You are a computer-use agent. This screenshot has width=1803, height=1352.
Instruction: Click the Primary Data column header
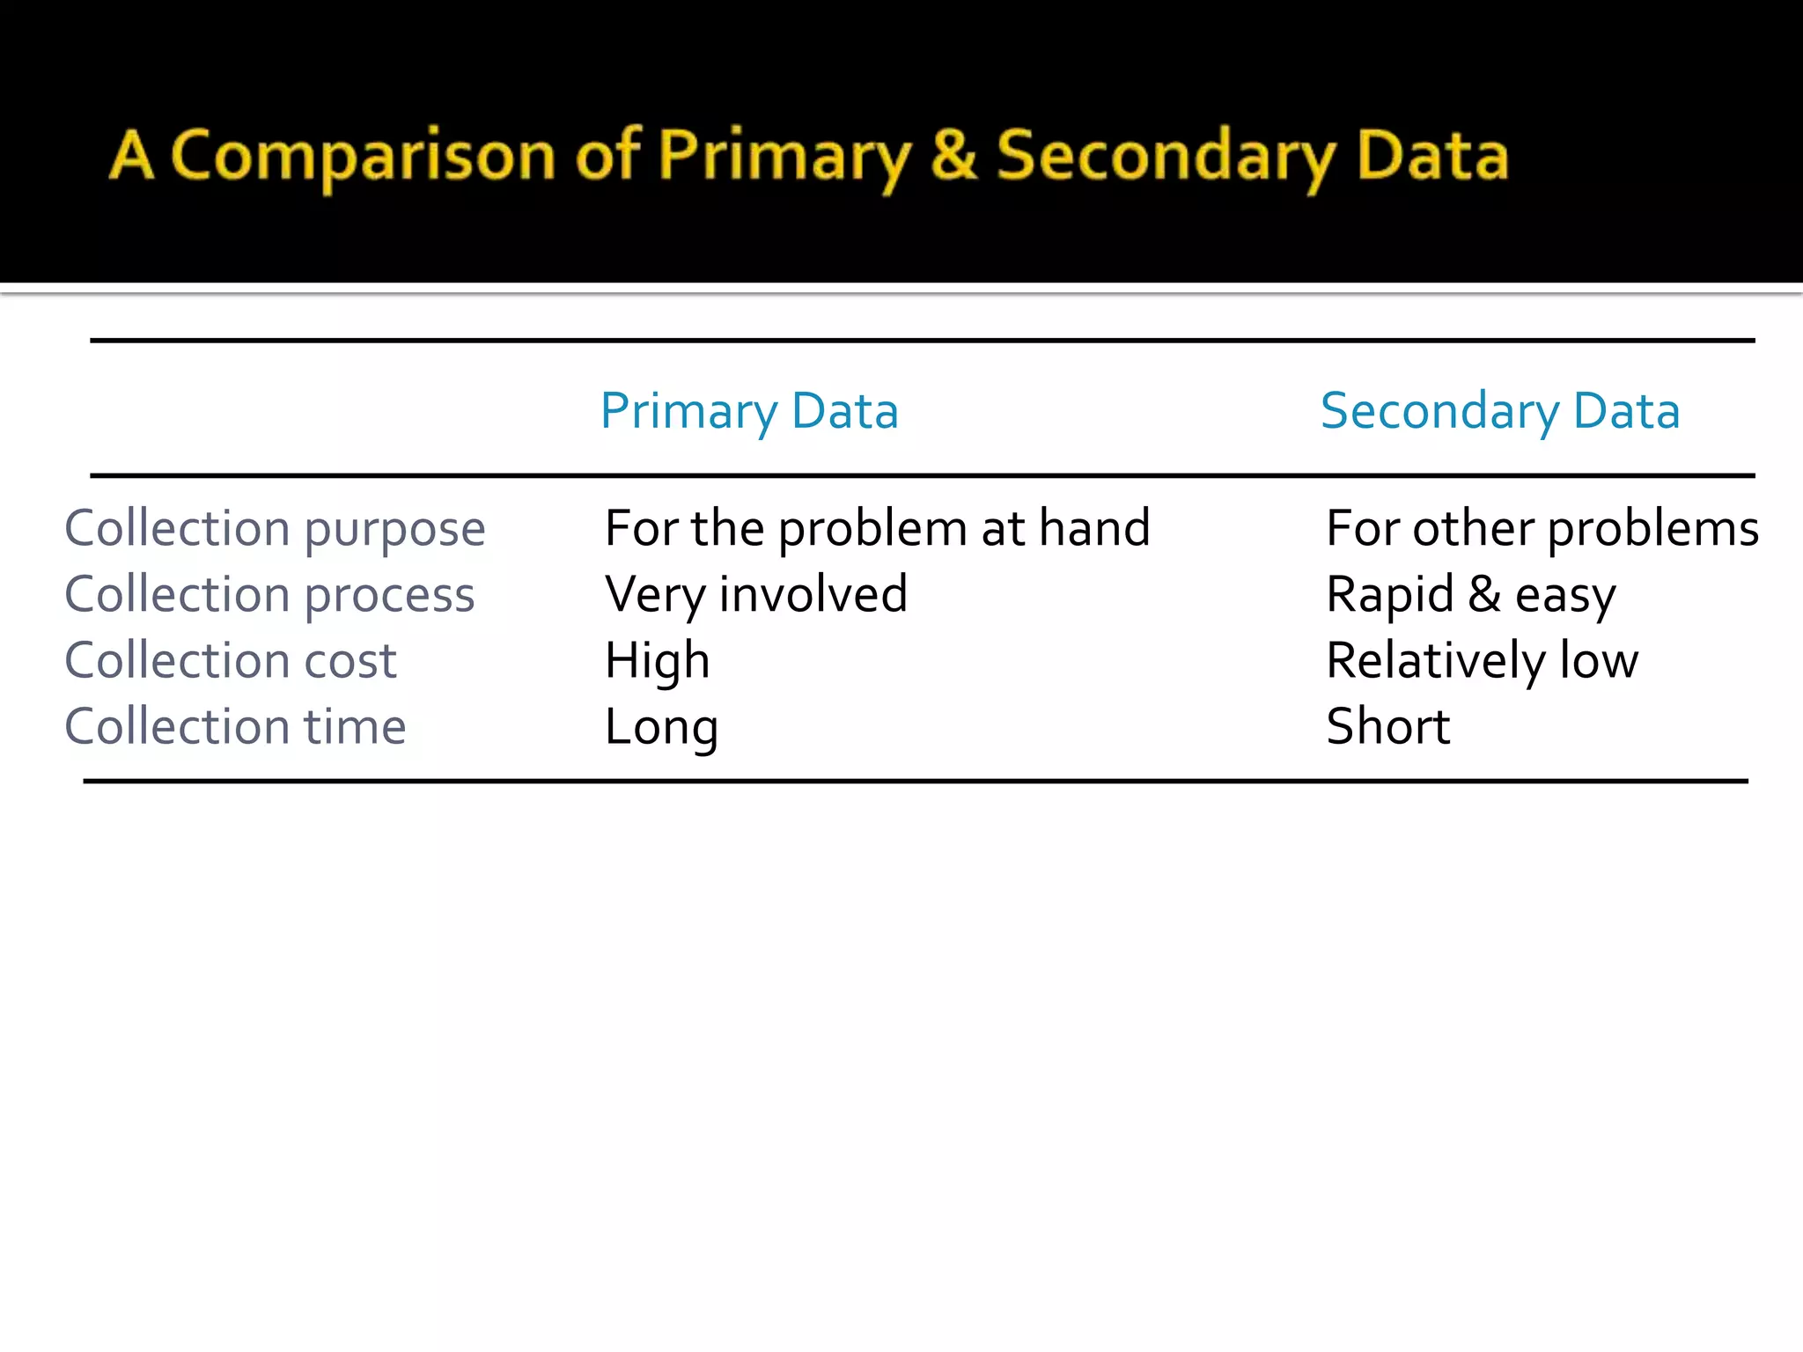[749, 411]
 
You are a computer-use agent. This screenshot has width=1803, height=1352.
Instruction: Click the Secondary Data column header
[1500, 411]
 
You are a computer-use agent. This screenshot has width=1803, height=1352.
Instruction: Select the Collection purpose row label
[275, 529]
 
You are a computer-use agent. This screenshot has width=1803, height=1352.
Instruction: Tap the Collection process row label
[269, 595]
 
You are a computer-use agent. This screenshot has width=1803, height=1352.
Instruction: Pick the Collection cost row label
[231, 661]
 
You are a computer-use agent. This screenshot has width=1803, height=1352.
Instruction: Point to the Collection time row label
[235, 727]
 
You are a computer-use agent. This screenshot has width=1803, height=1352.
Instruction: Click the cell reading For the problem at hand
[877, 529]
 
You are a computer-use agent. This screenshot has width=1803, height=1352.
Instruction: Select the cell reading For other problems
[1542, 529]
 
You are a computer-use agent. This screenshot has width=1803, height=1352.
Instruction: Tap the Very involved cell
[755, 595]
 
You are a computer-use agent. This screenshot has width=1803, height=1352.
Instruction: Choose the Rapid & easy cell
[1470, 595]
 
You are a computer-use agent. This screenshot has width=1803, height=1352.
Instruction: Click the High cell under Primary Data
[657, 661]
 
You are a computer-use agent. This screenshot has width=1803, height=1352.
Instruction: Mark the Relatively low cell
[1482, 661]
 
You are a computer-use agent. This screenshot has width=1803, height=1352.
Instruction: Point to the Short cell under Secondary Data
[1387, 727]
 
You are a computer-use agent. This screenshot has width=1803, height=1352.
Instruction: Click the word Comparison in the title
[362, 157]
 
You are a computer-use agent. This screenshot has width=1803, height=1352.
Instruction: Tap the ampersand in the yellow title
[953, 155]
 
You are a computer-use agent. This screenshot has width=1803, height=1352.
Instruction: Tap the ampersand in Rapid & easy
[1484, 594]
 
